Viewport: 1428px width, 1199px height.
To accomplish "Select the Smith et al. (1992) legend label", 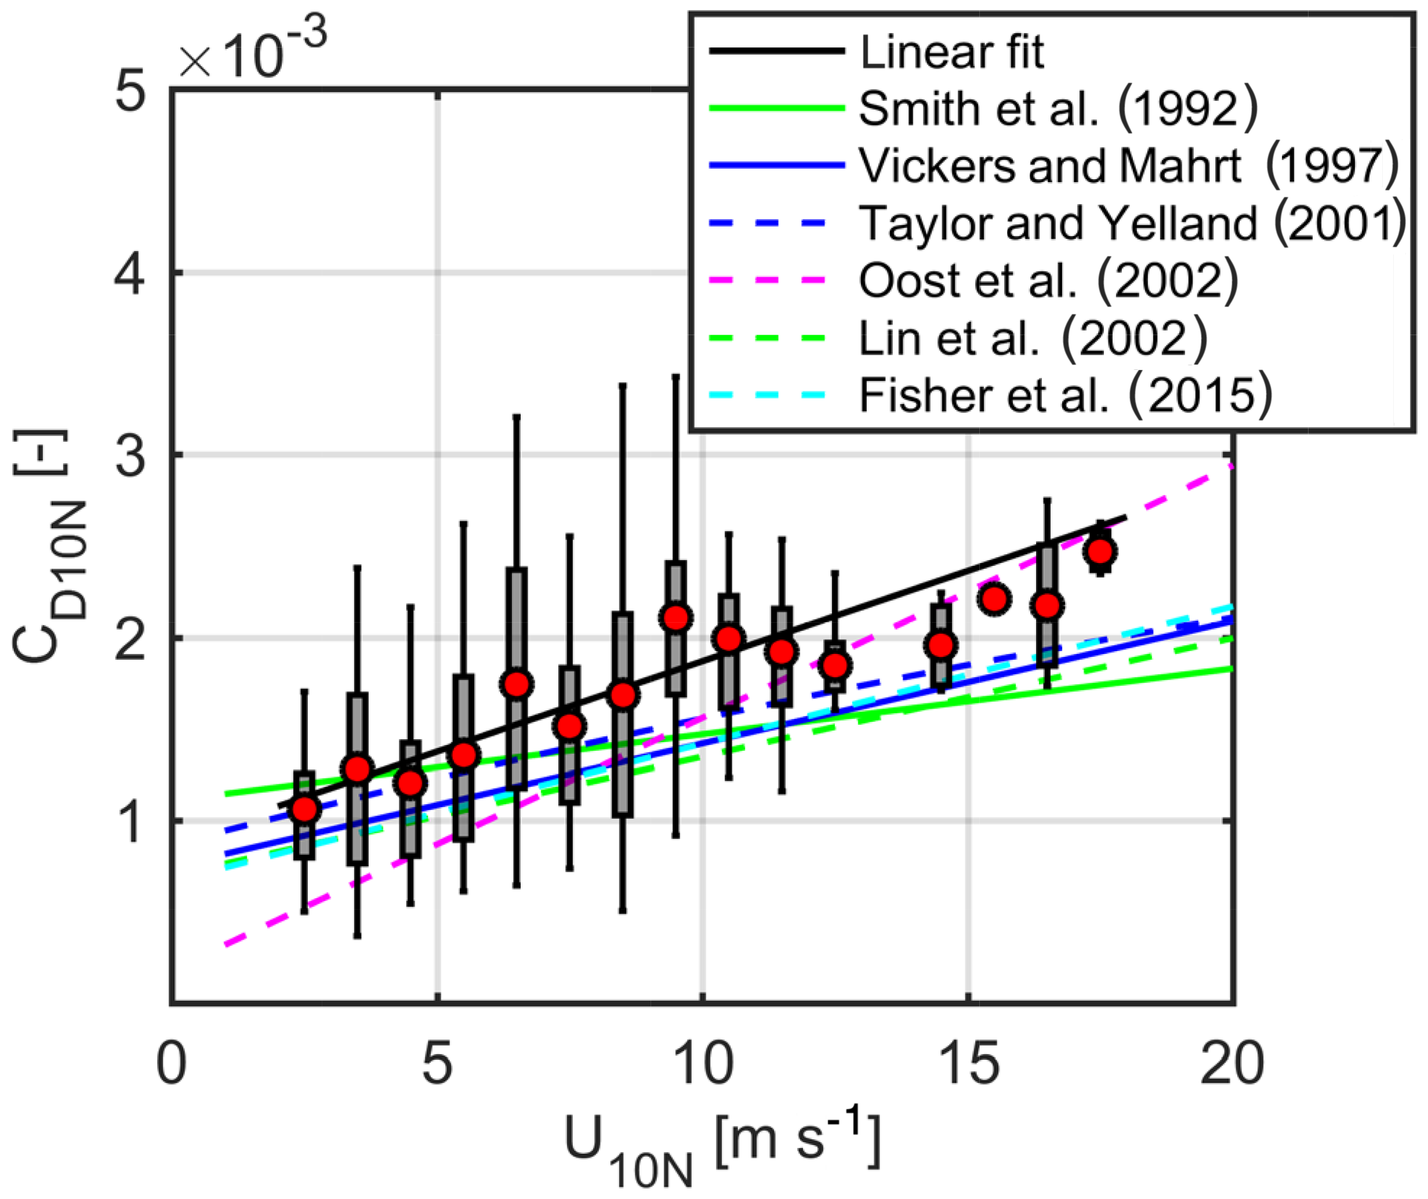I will pos(1058,109).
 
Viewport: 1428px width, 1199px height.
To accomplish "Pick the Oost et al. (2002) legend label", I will pos(1048,280).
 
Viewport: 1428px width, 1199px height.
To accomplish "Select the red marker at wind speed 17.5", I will pos(1100,551).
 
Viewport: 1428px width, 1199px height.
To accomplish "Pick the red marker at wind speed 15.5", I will pos(994,599).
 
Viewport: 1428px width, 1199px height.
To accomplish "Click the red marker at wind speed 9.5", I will pos(676,617).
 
